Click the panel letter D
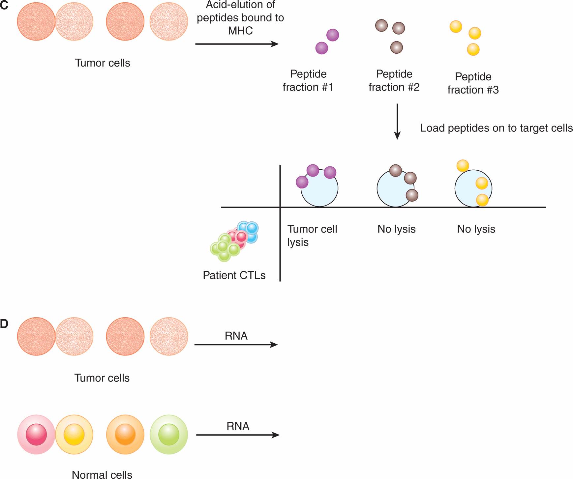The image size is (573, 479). [4, 324]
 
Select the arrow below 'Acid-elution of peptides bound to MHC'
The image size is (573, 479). [237, 44]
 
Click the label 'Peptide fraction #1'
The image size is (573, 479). [308, 80]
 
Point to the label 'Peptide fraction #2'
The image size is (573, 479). [394, 80]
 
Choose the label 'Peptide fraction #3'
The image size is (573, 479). [473, 83]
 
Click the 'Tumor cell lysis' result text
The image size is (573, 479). [312, 235]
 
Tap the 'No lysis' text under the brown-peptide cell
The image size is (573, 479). [396, 229]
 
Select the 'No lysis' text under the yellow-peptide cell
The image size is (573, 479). [476, 229]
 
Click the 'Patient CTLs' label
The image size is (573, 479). [234, 275]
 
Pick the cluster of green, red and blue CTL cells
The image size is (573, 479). [234, 241]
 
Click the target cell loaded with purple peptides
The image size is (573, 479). [319, 188]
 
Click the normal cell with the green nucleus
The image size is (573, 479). [169, 434]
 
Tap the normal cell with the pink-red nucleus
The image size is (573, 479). [36, 434]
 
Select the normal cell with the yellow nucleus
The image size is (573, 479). [74, 434]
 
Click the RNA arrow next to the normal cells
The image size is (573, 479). [238, 435]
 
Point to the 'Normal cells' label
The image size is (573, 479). [102, 474]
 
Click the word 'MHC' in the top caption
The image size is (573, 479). [240, 31]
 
